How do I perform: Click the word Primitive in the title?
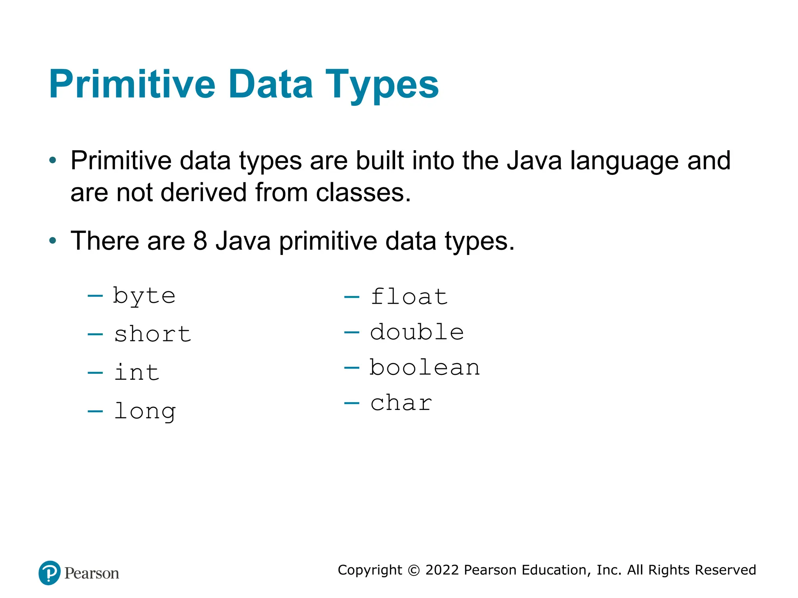click(132, 84)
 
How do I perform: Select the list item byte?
click(144, 296)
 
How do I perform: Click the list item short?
click(152, 334)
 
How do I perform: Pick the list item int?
click(137, 372)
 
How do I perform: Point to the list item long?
click(145, 411)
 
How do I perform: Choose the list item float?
click(409, 297)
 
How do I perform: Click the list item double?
click(417, 332)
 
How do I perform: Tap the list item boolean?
click(425, 368)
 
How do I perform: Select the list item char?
click(401, 403)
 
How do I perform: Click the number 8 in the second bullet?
click(200, 241)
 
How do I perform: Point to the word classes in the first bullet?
click(363, 192)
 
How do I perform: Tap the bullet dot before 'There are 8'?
click(53, 241)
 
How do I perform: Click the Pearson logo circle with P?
click(49, 573)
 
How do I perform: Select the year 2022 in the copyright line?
click(442, 570)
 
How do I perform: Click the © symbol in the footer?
click(413, 570)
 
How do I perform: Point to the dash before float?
click(351, 297)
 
